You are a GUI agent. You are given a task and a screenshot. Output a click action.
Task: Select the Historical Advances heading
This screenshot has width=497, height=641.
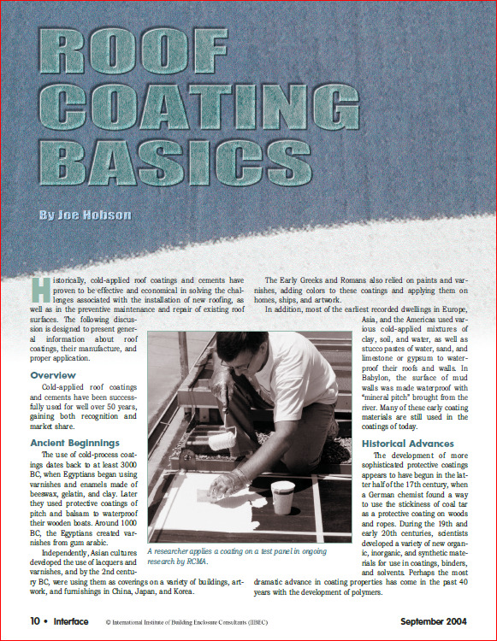pyautogui.click(x=408, y=444)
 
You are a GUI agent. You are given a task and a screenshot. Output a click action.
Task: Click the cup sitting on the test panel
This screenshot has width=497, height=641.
pyautogui.click(x=281, y=497)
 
